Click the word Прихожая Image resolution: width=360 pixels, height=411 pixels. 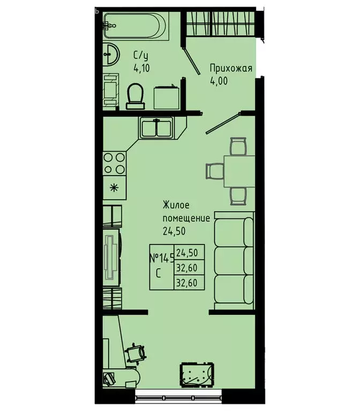(x=230, y=68)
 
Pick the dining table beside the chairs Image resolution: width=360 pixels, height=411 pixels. (x=239, y=170)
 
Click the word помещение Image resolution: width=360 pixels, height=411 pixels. (x=187, y=219)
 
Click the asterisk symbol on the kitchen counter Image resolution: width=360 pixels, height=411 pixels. (x=114, y=187)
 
